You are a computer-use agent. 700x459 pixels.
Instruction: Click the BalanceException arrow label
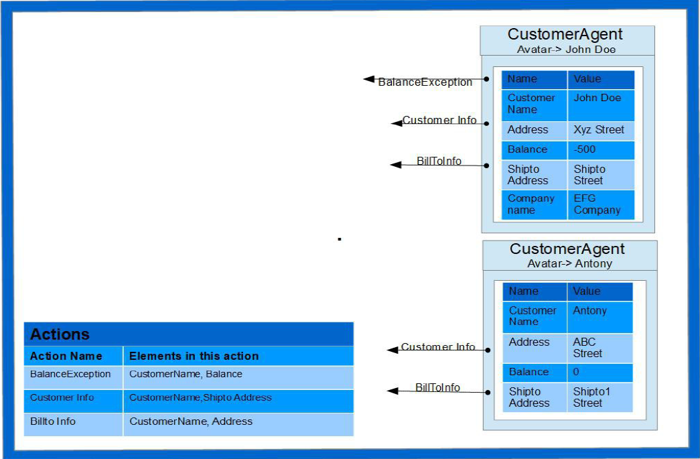425,82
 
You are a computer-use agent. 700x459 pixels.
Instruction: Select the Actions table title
60,334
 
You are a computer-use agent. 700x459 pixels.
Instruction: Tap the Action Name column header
66,356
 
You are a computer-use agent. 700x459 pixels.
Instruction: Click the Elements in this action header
194,356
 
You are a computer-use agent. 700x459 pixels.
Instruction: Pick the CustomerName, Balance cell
186,374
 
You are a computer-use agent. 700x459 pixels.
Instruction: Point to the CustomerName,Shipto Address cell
200,397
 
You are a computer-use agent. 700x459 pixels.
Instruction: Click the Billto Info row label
53,421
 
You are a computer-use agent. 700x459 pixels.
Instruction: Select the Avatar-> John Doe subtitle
566,50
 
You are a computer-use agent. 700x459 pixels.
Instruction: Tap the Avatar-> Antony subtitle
569,264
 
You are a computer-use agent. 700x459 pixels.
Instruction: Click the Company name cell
531,204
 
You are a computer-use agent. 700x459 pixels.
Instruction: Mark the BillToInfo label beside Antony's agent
437,388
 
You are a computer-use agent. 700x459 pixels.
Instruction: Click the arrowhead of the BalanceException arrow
368,79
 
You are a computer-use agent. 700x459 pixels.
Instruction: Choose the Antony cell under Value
589,311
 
